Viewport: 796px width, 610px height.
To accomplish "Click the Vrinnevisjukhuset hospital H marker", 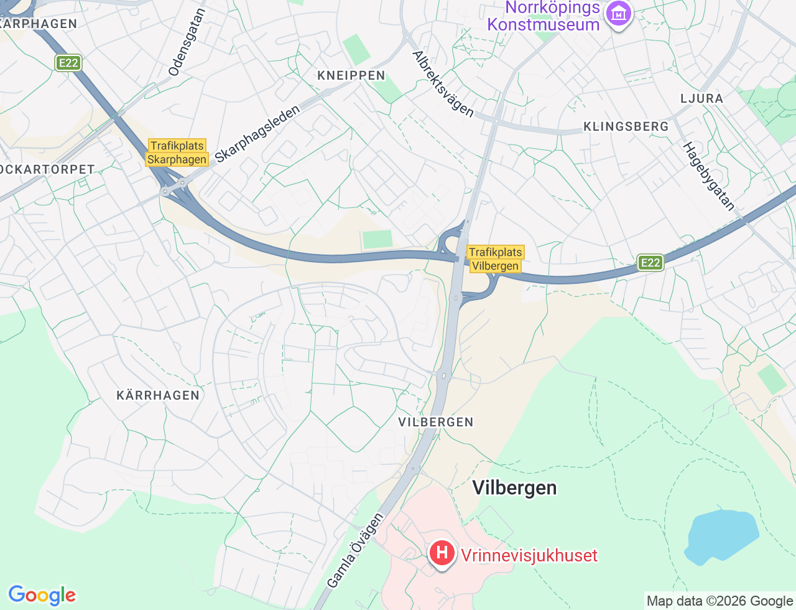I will click(442, 553).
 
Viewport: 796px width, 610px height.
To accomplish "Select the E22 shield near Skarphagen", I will click(68, 63).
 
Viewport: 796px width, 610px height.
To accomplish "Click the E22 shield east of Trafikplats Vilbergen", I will click(650, 263).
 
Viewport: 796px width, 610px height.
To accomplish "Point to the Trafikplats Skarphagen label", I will click(177, 152).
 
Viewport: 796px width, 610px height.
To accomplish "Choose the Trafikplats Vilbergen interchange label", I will click(495, 259).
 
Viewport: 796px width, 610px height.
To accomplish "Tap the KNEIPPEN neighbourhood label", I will click(351, 75).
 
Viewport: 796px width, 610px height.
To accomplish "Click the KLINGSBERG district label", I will click(626, 126).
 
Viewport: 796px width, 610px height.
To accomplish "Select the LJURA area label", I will click(701, 98).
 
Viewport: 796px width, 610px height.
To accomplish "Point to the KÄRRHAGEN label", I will click(158, 395).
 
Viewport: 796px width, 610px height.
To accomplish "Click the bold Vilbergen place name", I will click(514, 487).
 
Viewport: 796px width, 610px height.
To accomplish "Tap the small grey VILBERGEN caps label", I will click(436, 422).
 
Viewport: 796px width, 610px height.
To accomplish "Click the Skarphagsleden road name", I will click(257, 134).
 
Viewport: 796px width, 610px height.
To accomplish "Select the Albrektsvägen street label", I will click(443, 84).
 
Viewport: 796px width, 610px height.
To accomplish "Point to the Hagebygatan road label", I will click(709, 176).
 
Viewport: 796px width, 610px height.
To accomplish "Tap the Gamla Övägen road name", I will click(355, 550).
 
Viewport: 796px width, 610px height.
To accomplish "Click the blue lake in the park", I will click(721, 536).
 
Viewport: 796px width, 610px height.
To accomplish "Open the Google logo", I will click(42, 596).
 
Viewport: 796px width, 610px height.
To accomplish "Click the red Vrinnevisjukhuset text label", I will click(529, 555).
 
